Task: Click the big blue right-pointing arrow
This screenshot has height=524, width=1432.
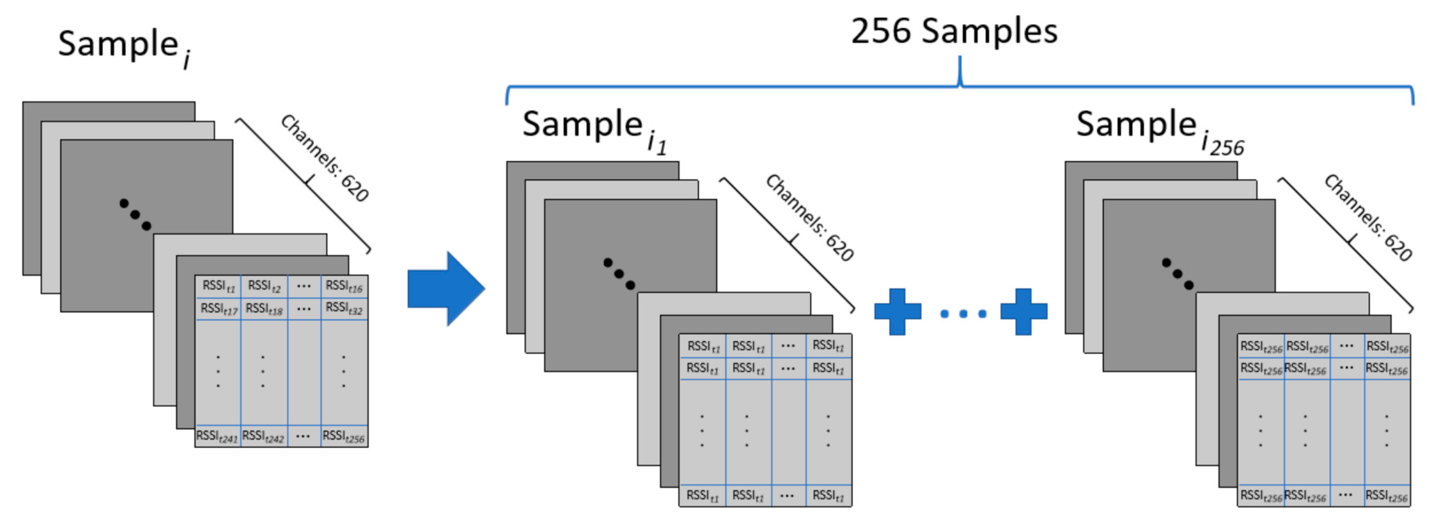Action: (445, 288)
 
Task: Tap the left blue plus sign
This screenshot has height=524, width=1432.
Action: (897, 312)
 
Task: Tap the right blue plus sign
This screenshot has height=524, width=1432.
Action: (1023, 312)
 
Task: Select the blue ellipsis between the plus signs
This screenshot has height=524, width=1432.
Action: (963, 314)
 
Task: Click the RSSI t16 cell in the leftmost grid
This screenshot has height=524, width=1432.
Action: (344, 287)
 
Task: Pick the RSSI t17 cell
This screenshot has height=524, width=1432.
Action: (219, 309)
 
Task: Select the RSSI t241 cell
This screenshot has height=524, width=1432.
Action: (217, 437)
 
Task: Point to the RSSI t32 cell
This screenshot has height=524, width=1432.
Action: (344, 309)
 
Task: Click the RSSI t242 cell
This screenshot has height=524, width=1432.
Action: (263, 437)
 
